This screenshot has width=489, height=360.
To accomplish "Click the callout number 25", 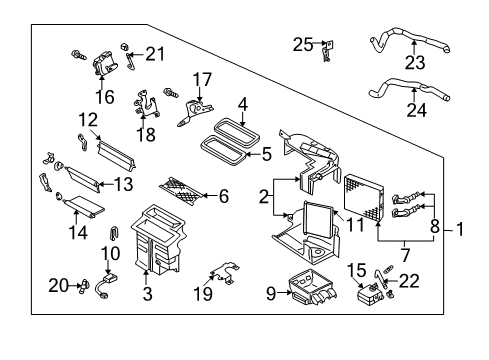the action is click(x=303, y=45).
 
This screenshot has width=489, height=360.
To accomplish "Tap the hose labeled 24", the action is click(x=409, y=86).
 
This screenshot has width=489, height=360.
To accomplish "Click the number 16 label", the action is click(x=105, y=97).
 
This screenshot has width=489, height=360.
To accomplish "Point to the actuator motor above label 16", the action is click(x=105, y=64).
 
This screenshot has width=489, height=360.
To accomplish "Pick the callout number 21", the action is click(x=155, y=54).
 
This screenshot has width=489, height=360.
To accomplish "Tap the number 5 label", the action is click(x=266, y=154).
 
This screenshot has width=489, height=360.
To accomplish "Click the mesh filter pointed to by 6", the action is click(x=182, y=191).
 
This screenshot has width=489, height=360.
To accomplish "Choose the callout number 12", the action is click(x=88, y=120).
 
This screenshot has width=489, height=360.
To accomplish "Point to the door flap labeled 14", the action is click(x=84, y=205).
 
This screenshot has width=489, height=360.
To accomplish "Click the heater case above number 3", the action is click(x=158, y=240).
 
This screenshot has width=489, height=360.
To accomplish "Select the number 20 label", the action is click(x=59, y=286).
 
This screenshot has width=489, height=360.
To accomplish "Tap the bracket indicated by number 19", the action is click(x=224, y=272).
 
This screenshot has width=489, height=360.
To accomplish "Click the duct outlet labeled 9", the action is click(x=312, y=288).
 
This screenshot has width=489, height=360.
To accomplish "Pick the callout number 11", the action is click(x=356, y=225).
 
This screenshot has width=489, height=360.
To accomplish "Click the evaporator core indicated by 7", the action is click(x=364, y=197).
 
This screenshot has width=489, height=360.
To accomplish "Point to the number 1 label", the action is click(x=460, y=229).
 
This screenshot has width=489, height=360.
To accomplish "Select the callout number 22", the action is click(x=409, y=281).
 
